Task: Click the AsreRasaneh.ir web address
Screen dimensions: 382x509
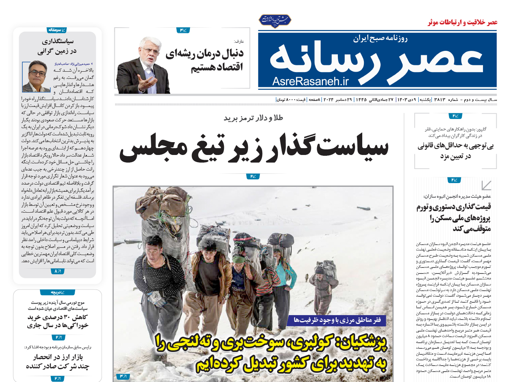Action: click(310, 81)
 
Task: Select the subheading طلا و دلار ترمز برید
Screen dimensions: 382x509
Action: click(253, 118)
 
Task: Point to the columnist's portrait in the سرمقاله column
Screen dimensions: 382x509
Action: click(36, 76)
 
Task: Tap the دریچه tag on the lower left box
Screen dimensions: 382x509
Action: click(57, 292)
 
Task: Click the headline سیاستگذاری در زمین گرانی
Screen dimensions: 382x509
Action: click(57, 46)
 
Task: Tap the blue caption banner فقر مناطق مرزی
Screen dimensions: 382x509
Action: click(337, 320)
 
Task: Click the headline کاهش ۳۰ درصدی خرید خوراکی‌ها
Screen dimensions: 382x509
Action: click(58, 321)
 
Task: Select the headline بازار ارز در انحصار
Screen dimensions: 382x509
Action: click(58, 361)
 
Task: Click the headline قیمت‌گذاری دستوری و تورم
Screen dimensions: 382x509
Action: click(453, 217)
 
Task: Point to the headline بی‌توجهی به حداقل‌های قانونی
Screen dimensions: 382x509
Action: click(455, 151)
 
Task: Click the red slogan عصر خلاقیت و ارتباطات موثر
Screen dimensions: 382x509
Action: click(462, 22)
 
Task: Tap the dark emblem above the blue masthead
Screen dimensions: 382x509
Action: click(275, 20)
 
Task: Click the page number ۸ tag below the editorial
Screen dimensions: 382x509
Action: click(57, 271)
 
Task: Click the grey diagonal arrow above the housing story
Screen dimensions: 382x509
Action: click(486, 185)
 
